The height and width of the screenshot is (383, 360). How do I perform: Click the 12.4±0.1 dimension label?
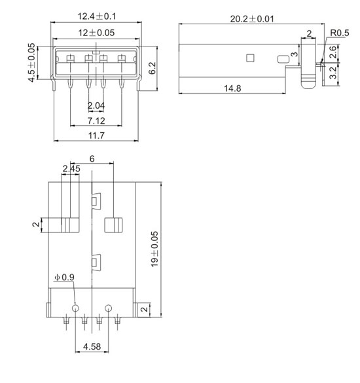click(x=97, y=16)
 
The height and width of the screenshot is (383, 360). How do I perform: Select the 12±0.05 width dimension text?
click(x=96, y=33)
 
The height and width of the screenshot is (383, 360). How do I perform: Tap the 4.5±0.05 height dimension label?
click(x=32, y=63)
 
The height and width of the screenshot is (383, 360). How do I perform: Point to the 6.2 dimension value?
click(x=152, y=68)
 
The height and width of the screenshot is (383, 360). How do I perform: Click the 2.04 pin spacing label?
click(x=96, y=106)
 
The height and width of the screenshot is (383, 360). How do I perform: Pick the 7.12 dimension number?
click(x=96, y=120)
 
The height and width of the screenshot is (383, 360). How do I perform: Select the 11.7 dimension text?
click(x=96, y=136)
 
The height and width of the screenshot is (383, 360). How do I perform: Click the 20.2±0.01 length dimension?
click(x=252, y=19)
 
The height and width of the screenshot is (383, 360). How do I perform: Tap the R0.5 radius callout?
click(x=340, y=33)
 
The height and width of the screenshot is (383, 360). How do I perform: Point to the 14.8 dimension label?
click(x=232, y=88)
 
